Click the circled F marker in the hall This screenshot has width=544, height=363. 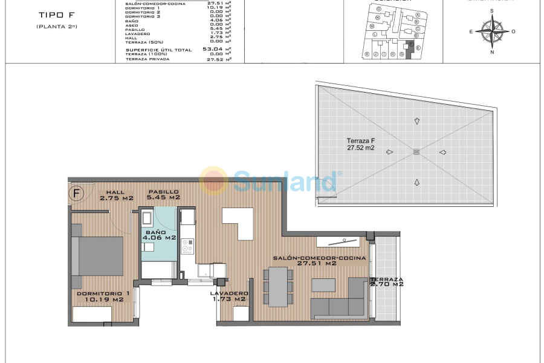77,194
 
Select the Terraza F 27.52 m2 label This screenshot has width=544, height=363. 361,143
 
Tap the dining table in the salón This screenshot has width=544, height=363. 279,287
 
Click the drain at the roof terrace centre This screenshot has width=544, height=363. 416,152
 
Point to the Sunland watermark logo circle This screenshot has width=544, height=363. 214,181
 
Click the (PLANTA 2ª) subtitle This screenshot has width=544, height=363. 56,27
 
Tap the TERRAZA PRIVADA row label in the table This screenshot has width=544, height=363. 147,59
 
